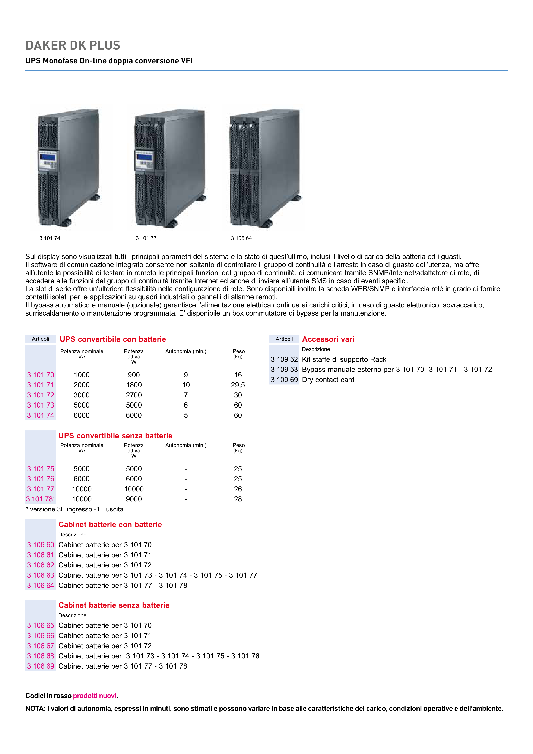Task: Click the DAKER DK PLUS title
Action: tap(73, 45)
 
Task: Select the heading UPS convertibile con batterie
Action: tap(113, 339)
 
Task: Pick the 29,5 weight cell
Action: tap(238, 385)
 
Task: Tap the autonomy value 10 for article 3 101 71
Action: tap(186, 385)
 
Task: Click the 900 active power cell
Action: tap(134, 375)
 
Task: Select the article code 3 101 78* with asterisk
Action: tap(40, 499)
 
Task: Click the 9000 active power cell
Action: tap(134, 499)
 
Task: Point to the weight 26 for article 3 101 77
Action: tap(238, 489)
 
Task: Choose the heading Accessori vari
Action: tap(328, 339)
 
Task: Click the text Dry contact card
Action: tap(328, 380)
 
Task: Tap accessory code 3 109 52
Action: tap(284, 359)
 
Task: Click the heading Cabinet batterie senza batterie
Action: tap(114, 605)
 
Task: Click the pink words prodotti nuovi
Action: tap(95, 696)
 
